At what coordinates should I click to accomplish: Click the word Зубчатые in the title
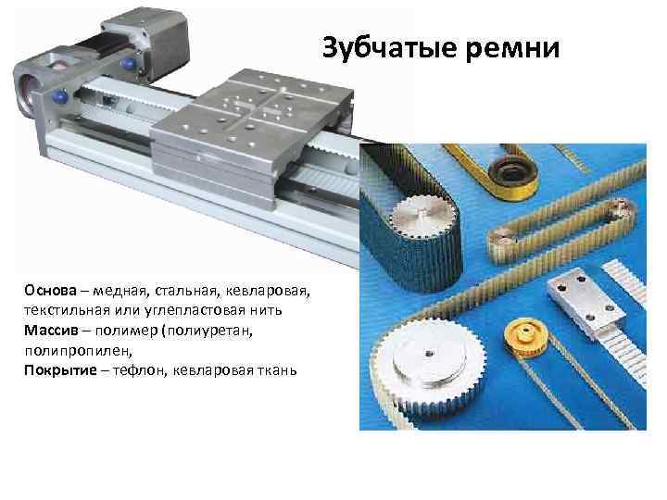[390, 48]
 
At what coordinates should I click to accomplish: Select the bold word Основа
[50, 291]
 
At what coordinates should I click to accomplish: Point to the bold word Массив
[51, 331]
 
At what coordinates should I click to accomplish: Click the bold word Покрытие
[60, 370]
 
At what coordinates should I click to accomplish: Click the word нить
[266, 311]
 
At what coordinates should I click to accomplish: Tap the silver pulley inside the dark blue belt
[422, 216]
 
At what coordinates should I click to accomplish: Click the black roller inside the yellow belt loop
[512, 175]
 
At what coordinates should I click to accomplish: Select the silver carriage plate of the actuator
[252, 135]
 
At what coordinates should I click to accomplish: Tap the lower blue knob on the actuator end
[59, 96]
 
